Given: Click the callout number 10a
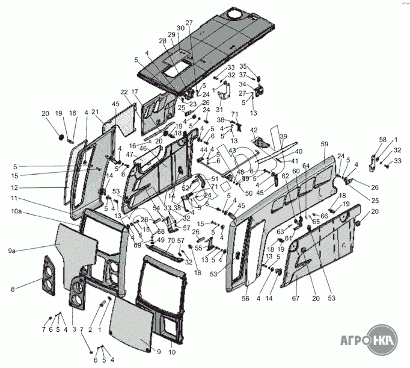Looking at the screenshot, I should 16,212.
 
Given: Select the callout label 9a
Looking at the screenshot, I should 13,251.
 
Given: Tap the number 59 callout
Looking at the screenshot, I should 324,144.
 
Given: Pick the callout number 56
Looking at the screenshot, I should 245,298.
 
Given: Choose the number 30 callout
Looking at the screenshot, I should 180,29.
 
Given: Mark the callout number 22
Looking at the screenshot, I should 124,92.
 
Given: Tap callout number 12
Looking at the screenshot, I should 13,187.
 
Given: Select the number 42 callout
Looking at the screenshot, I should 254,129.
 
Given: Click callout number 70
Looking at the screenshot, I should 171,241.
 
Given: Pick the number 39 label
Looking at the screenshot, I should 283,136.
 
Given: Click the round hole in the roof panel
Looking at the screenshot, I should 235,14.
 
